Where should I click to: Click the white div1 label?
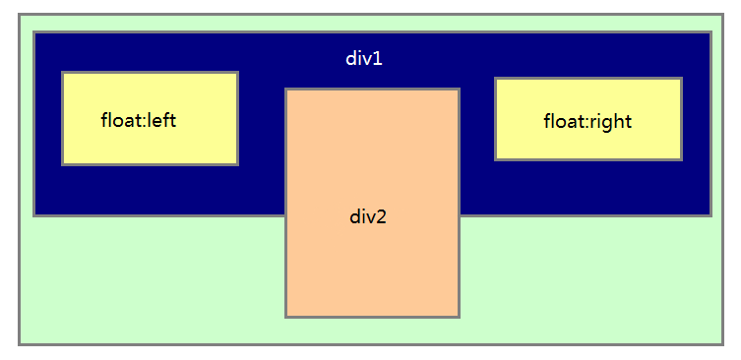pos(363,58)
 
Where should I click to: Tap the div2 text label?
pos(368,216)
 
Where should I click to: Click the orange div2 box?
pos(372,266)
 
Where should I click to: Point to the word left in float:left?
pos(161,120)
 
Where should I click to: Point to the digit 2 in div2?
pos(382,216)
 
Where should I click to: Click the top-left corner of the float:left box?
pos(62,72)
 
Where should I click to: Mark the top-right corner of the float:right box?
pos(681,79)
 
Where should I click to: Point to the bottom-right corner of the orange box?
pos(460,317)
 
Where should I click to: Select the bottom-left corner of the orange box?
pos(285,317)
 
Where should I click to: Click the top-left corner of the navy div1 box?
pos(33,31)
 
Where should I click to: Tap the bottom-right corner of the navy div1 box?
pos(710,215)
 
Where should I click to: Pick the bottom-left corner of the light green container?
pos(19,344)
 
